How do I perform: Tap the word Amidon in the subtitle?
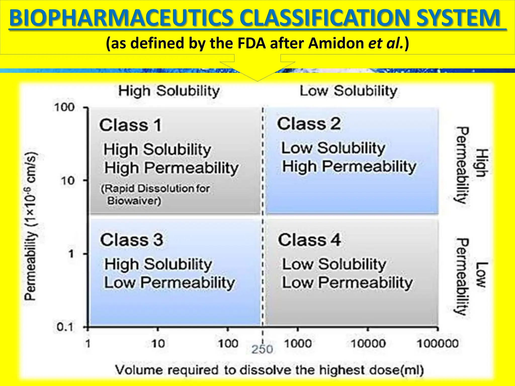336,43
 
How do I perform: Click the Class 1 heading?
130,125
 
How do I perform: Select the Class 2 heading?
309,124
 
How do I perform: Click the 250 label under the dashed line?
262,349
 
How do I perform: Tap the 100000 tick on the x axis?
437,343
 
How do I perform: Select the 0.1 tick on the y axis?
65,327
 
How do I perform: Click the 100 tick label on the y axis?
64,107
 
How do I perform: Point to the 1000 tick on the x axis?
298,343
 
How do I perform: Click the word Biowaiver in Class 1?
134,201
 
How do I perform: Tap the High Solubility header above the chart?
169,91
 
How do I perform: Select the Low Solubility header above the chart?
348,91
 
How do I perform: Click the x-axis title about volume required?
269,370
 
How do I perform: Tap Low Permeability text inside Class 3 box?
169,282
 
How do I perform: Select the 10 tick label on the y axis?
67,180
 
